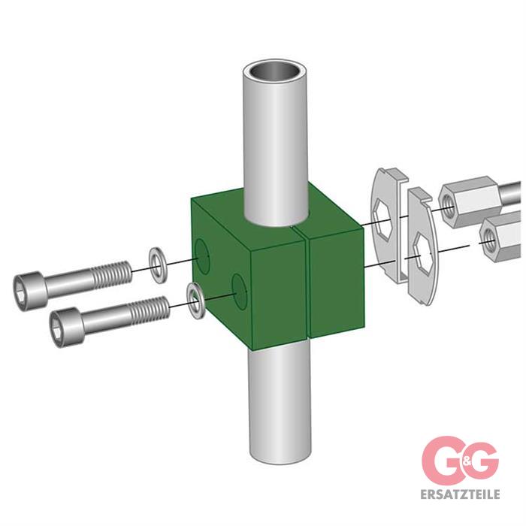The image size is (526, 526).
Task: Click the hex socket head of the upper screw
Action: (29, 291)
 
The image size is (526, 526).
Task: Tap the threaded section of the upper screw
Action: (111, 276)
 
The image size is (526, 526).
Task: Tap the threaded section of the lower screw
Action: (150, 310)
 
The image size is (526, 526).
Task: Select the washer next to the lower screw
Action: (196, 301)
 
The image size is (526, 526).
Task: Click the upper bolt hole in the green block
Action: (202, 255)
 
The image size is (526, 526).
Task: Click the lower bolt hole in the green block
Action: (239, 291)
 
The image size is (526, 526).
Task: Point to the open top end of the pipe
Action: (275, 73)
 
